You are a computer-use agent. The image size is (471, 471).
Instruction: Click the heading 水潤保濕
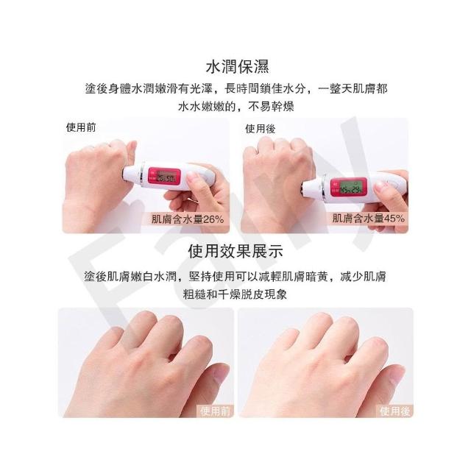(x=237, y=67)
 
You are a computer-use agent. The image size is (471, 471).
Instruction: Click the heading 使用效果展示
(x=235, y=251)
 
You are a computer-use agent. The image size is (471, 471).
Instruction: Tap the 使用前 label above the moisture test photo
(x=81, y=127)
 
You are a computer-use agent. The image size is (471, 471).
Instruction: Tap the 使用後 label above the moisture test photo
(x=260, y=129)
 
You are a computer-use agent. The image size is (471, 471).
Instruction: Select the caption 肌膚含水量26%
(x=188, y=219)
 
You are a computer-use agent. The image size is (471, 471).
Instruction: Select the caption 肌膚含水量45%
(x=368, y=219)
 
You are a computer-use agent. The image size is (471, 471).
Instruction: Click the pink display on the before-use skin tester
(x=165, y=177)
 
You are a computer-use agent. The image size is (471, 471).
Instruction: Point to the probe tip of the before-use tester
(x=124, y=173)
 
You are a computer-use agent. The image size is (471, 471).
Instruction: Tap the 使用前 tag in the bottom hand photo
(x=215, y=411)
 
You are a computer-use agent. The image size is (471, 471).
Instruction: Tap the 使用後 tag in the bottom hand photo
(x=394, y=411)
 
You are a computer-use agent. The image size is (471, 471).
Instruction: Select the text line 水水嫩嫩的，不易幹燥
(x=236, y=106)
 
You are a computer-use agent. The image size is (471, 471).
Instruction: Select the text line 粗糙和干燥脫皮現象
(x=235, y=294)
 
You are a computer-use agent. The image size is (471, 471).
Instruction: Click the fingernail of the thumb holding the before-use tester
(x=193, y=180)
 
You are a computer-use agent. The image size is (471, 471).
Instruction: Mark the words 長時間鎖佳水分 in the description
(x=265, y=88)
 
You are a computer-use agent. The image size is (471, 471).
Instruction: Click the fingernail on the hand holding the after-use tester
(x=380, y=185)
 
